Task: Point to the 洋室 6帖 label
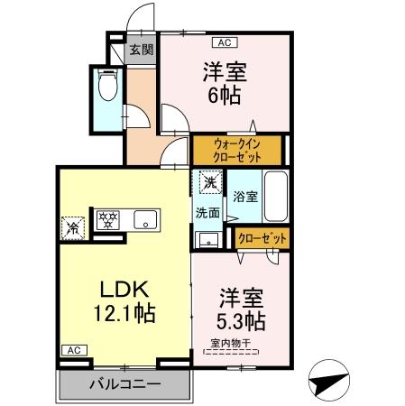tap(225, 82)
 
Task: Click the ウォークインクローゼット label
tap(238, 149)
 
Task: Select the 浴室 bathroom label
tap(244, 195)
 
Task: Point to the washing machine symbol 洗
tap(209, 183)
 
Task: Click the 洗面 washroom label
tap(208, 214)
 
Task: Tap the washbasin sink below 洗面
tap(208, 239)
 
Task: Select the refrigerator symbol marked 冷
tap(71, 226)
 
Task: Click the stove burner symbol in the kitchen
tap(107, 219)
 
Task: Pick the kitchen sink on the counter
tap(145, 219)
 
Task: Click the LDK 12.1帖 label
tap(124, 301)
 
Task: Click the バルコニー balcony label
tap(124, 383)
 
